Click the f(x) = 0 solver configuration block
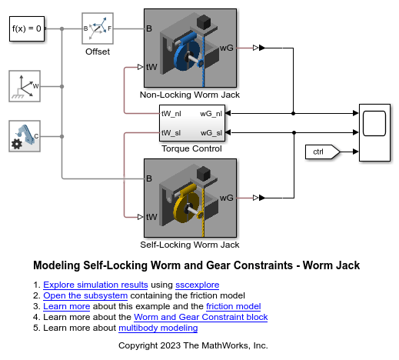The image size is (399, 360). pos(27,28)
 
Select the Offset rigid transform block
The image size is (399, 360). pos(98,28)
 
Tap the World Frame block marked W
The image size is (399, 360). pos(25,86)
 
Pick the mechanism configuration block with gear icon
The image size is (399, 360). pos(25,136)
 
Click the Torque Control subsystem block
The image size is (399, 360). pos(192,123)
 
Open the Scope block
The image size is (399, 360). pos(374,132)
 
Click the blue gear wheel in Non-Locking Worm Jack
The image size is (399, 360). pos(187,56)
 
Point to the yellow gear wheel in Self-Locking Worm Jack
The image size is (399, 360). pos(186,206)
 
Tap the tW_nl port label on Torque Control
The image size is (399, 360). pos(171,114)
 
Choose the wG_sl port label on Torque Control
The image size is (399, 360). pos(211,133)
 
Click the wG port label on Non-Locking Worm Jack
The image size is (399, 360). pos(227,48)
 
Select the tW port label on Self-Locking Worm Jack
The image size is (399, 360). pos(151,217)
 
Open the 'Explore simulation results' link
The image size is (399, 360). pos(95,285)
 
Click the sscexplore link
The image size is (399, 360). pos(198,285)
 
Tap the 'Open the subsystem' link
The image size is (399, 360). pos(85,295)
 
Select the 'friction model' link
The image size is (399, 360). pos(234,306)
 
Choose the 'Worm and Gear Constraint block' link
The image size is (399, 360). pos(201,317)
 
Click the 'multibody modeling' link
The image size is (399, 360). pos(158,328)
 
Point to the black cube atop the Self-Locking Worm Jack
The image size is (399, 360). pos(204,173)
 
